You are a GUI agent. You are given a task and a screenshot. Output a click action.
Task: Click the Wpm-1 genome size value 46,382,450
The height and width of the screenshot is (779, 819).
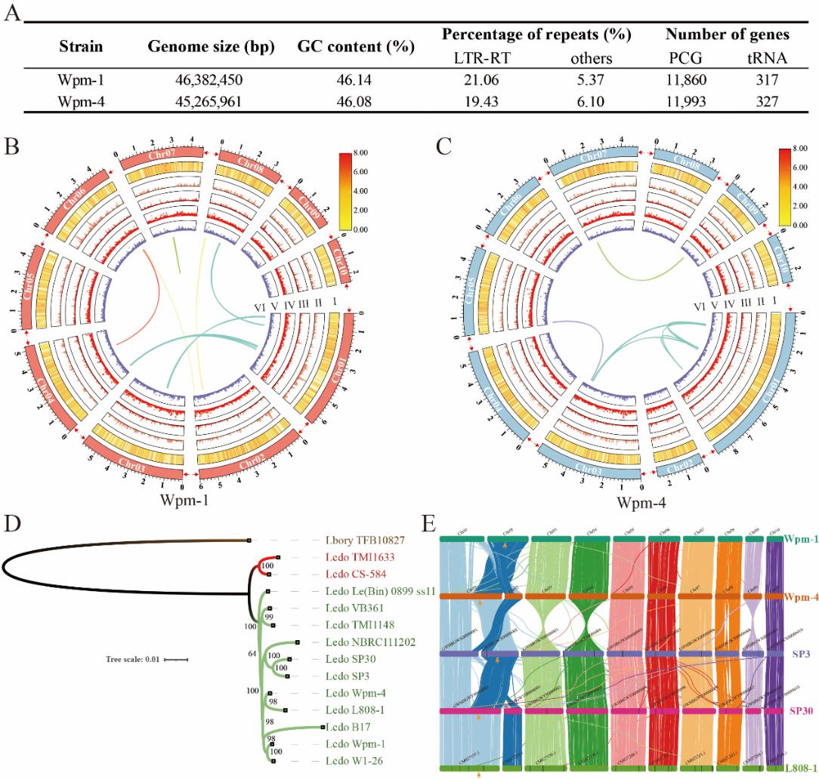(x=196, y=78)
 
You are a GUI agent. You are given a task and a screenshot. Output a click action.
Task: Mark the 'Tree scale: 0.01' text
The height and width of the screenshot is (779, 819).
(x=133, y=659)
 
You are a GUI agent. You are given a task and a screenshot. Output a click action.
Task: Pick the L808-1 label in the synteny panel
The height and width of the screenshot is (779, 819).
(x=799, y=768)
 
